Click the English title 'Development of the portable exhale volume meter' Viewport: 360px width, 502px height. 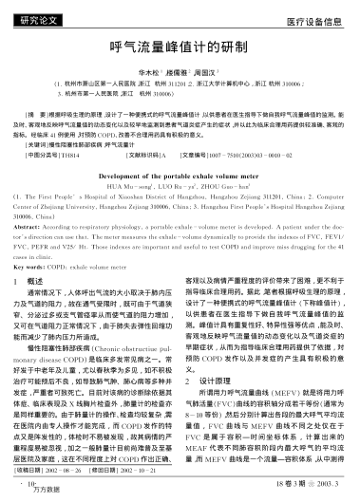coord(180,175)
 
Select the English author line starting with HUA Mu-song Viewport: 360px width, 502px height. coord(180,184)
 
